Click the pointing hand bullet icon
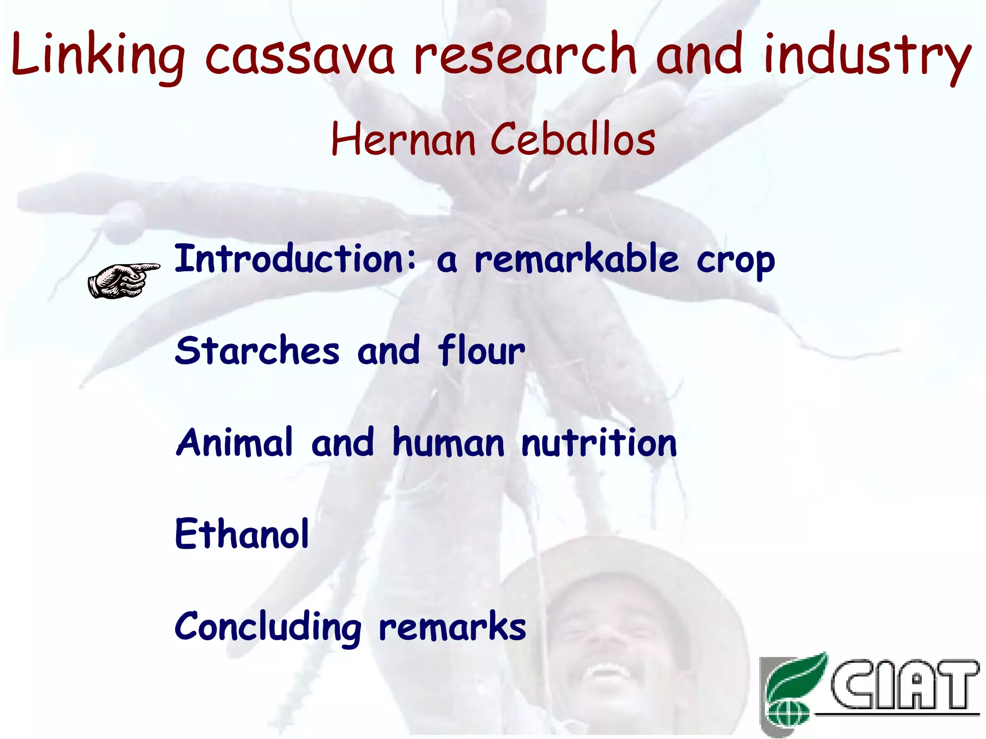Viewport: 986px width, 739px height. click(123, 280)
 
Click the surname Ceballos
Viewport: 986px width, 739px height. click(573, 140)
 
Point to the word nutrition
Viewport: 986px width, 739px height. click(599, 442)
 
